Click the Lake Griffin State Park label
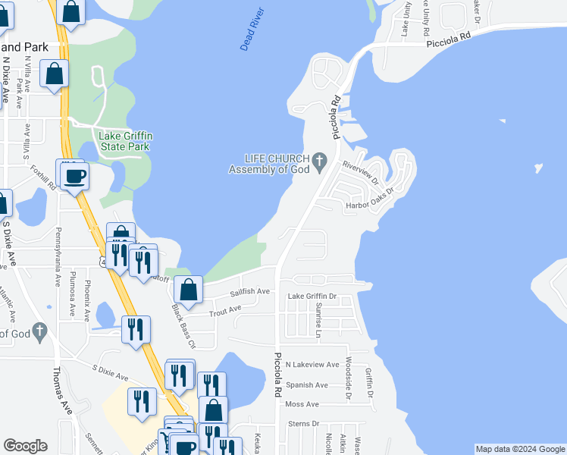click(x=126, y=140)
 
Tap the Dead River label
click(x=252, y=31)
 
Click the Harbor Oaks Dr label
click(x=370, y=199)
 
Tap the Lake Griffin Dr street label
click(x=312, y=297)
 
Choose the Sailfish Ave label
click(x=251, y=291)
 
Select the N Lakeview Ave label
click(x=312, y=364)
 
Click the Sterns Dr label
click(x=305, y=424)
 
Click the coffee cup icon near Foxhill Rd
click(x=74, y=176)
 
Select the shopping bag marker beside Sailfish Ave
click(x=188, y=289)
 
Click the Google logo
click(x=25, y=446)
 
